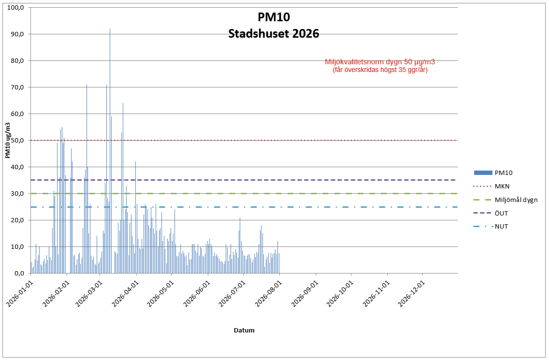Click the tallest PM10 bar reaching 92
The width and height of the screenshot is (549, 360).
click(x=110, y=151)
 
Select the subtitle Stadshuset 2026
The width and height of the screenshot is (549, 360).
click(x=274, y=34)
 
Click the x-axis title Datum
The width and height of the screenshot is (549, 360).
click(x=244, y=330)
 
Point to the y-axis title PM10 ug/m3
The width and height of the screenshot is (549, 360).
click(x=8, y=141)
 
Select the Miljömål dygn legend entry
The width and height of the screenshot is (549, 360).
click(x=506, y=200)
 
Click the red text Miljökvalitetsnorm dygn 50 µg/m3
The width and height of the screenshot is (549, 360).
click(x=380, y=62)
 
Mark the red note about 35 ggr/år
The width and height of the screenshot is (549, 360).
click(x=380, y=70)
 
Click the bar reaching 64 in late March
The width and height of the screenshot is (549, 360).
click(x=123, y=188)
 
